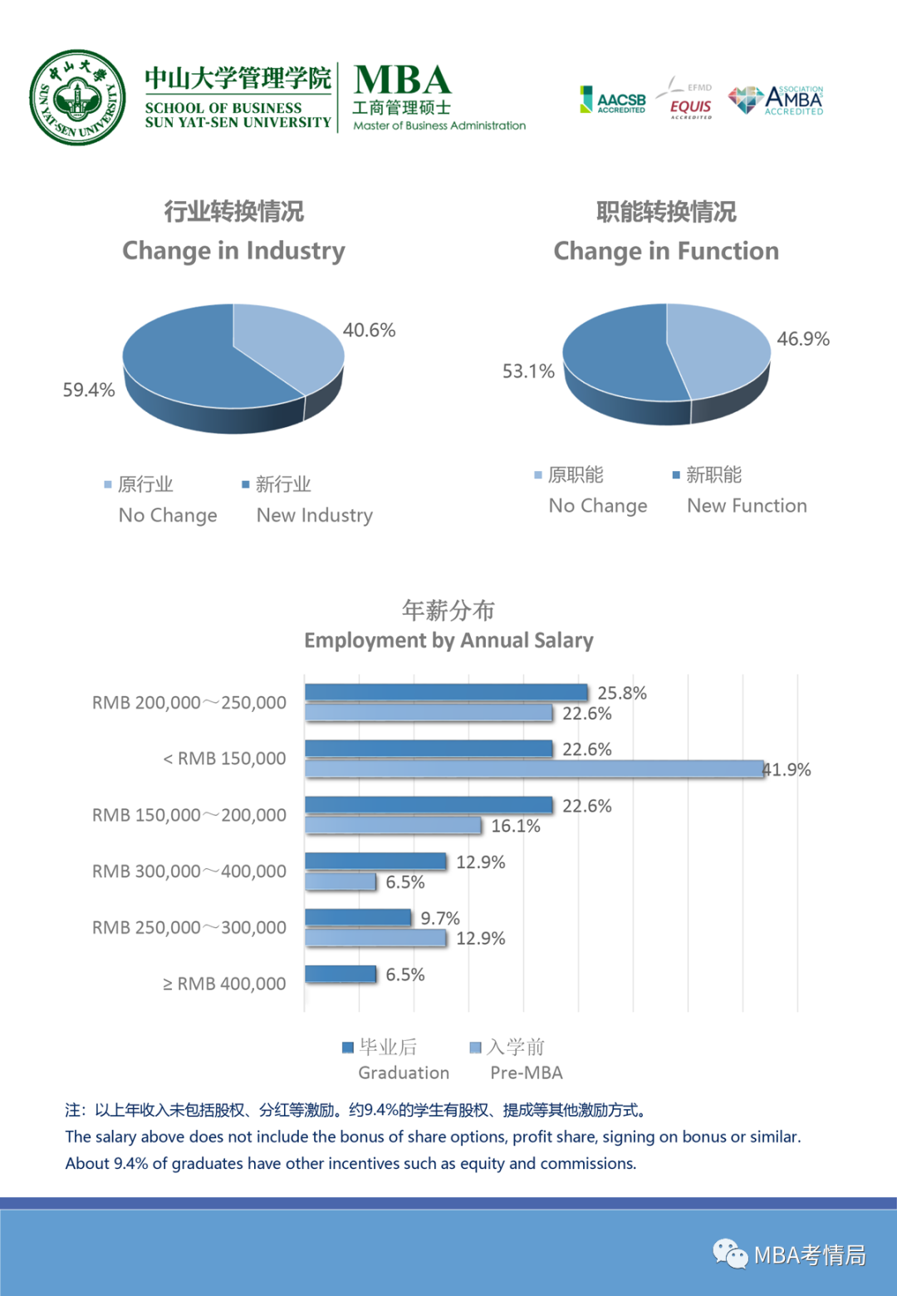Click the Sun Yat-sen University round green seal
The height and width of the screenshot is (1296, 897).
(x=77, y=98)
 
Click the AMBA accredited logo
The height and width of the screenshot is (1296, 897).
(x=777, y=100)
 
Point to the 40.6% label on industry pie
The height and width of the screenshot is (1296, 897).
(x=369, y=331)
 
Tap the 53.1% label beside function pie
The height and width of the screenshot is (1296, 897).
(x=528, y=371)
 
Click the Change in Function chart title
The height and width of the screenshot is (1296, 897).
(x=666, y=251)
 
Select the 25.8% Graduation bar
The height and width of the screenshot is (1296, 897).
(x=446, y=692)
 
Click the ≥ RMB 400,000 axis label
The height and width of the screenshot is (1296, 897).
(x=224, y=984)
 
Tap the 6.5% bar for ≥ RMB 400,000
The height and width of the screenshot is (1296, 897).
(x=341, y=974)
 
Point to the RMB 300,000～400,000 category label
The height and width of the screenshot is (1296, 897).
(x=189, y=871)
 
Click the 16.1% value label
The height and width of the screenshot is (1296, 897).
(x=515, y=826)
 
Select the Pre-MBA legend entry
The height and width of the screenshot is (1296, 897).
(x=516, y=1059)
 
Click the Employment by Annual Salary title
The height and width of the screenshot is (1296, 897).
(x=448, y=641)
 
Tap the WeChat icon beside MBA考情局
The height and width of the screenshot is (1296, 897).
(x=730, y=1254)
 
